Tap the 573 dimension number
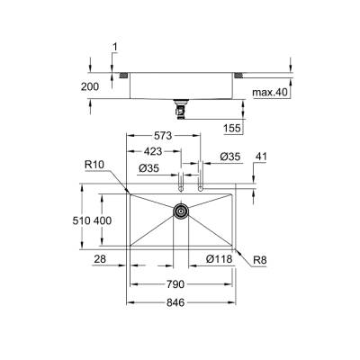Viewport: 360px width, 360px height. [162, 133]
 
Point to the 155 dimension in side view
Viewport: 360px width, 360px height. [232, 129]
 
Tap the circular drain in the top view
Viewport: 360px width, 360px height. [181, 211]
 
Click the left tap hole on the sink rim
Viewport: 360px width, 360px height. [181, 188]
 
